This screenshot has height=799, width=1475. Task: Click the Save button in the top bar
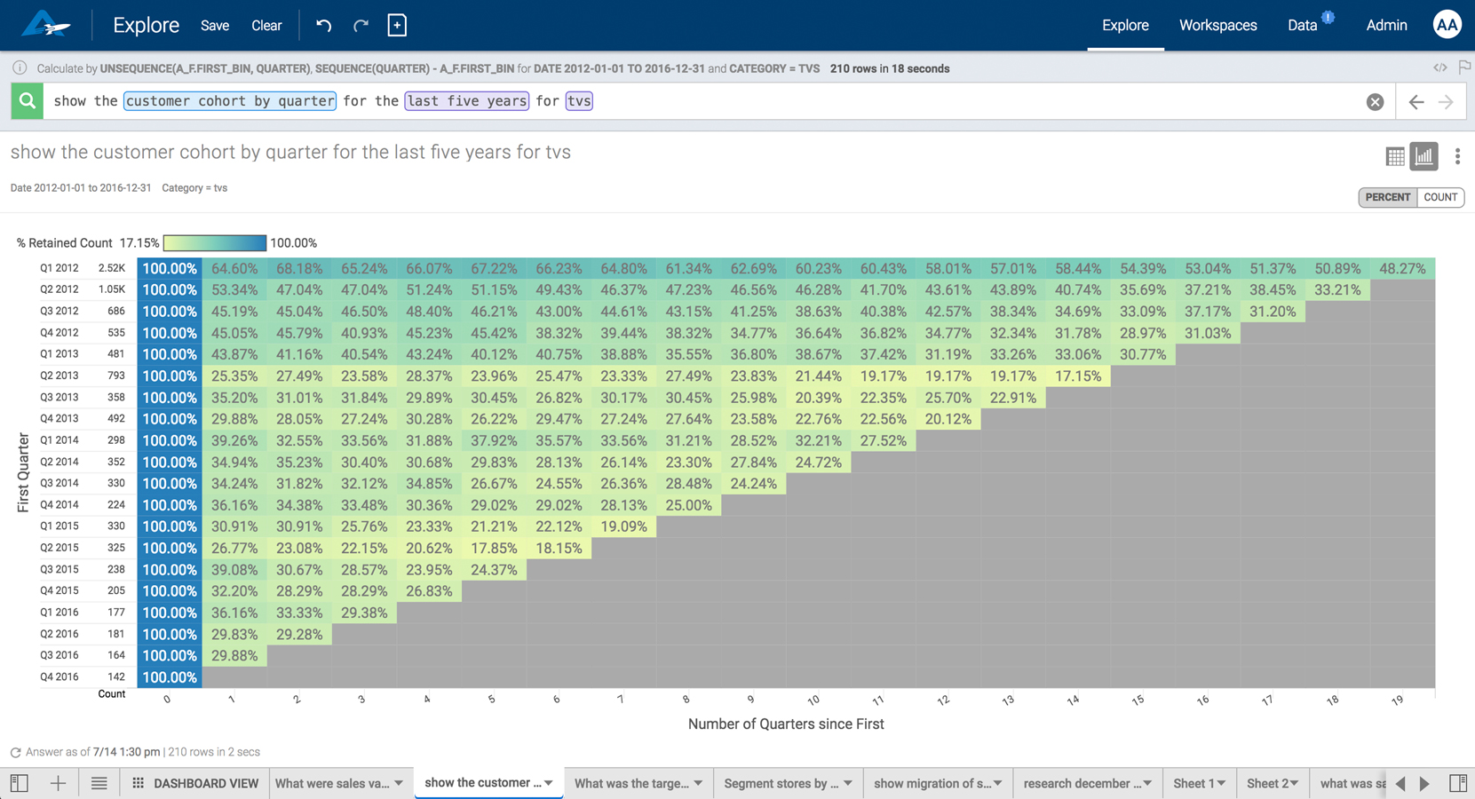pos(215,26)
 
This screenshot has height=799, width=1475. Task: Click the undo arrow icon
pos(324,26)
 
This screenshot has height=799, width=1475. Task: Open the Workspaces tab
pos(1217,26)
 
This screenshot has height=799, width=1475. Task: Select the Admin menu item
pos(1385,26)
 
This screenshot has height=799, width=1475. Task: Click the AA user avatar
pos(1447,25)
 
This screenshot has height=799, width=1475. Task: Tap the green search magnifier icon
pos(28,101)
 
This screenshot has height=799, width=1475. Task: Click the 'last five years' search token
pos(467,101)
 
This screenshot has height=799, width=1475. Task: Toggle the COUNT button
pos(1439,197)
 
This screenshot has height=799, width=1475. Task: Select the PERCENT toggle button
pos(1387,197)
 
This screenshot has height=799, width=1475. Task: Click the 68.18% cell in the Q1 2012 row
pos(299,268)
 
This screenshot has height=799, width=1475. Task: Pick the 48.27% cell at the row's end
pos(1402,268)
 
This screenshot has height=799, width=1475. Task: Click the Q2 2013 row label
pos(59,376)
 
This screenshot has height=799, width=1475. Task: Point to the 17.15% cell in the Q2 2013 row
pos(1078,376)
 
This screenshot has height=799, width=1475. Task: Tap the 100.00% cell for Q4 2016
pos(170,677)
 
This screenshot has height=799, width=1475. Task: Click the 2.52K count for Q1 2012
pos(112,268)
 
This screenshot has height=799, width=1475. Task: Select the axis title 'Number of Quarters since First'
pos(786,724)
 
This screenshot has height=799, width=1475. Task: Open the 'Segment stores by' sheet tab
pos(787,783)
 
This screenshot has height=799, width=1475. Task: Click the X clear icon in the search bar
pos(1375,102)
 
